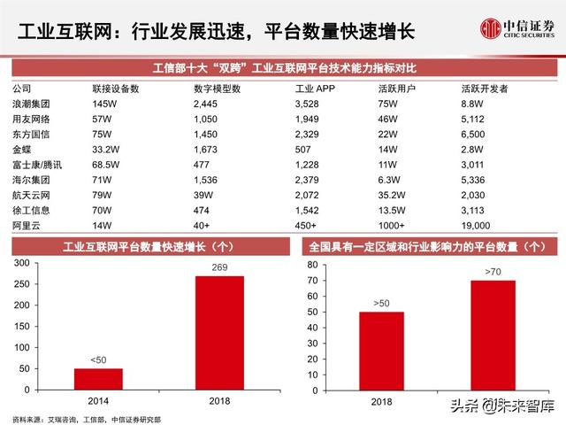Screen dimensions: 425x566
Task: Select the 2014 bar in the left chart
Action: coord(98,378)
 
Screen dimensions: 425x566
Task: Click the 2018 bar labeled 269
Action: coord(218,332)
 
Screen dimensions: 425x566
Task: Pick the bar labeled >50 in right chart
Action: coord(381,350)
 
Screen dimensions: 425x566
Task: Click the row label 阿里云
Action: coord(26,225)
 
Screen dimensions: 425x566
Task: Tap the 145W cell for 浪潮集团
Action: coord(105,105)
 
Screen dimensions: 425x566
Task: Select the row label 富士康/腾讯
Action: coord(36,166)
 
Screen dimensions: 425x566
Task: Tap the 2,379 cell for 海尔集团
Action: coord(309,181)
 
